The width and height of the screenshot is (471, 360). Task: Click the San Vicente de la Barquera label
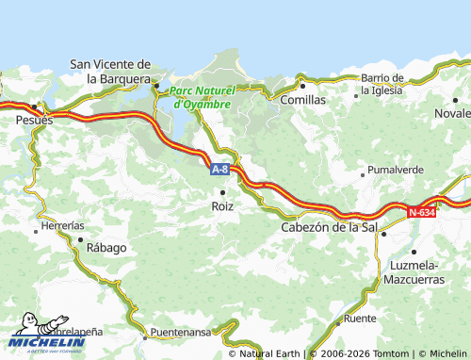click(x=111, y=72)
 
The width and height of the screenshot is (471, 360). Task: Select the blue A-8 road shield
click(x=219, y=170)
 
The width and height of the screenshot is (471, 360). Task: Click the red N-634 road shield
click(x=421, y=212)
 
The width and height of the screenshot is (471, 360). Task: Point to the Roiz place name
click(x=222, y=205)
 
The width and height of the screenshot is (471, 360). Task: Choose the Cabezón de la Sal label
click(x=327, y=227)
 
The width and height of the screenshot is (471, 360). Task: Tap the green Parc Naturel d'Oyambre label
click(x=200, y=97)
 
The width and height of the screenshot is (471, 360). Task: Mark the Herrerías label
click(x=63, y=226)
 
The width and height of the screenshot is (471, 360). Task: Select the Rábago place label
click(x=106, y=248)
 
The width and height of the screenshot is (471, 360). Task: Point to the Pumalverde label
click(x=395, y=171)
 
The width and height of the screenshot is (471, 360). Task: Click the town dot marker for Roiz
click(x=222, y=192)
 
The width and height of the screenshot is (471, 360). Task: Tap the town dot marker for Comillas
click(x=302, y=86)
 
